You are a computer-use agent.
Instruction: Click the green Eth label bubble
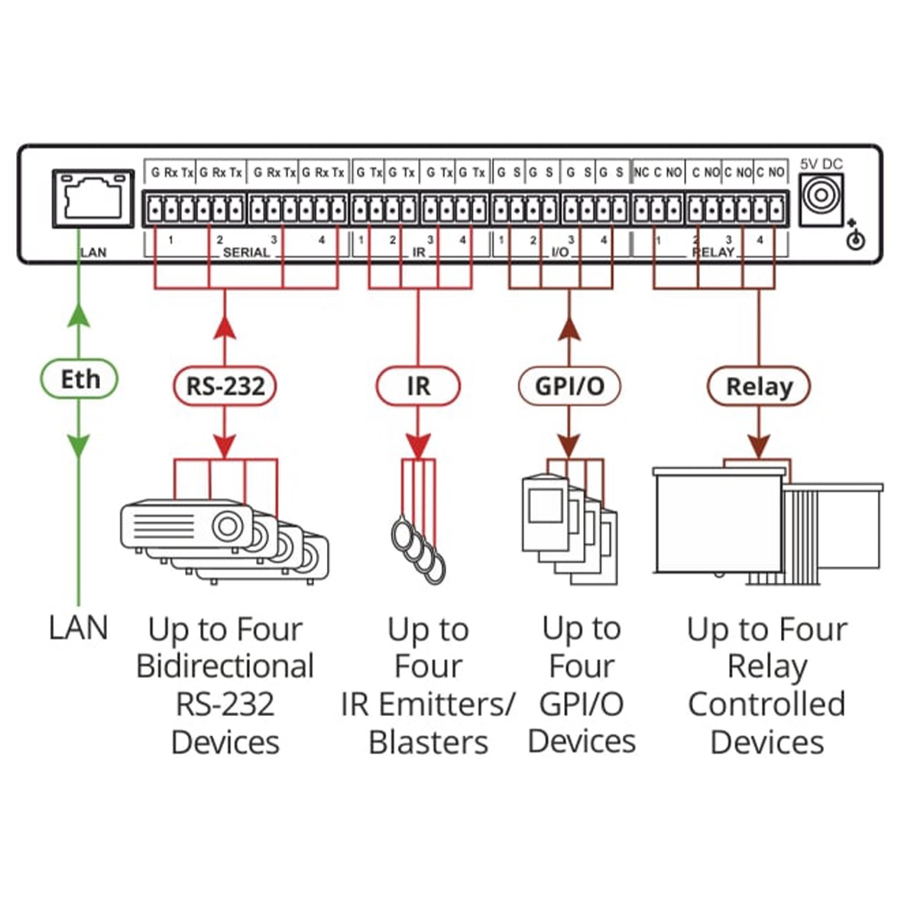(79, 379)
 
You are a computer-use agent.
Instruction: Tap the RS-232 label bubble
(225, 386)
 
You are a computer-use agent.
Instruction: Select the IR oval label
(418, 386)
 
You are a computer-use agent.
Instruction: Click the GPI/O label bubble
(569, 386)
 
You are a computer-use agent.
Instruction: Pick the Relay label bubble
(758, 387)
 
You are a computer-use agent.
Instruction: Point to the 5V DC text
(821, 164)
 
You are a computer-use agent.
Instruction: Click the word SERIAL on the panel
(246, 252)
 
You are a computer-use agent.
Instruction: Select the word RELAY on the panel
(713, 252)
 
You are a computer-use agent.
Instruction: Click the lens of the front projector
(227, 527)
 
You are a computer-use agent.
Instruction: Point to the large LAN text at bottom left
(79, 628)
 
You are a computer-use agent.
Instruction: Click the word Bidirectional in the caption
(225, 666)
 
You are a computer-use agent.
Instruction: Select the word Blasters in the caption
(428, 742)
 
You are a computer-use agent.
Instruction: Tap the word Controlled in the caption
(766, 704)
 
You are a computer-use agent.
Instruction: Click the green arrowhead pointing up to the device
(79, 313)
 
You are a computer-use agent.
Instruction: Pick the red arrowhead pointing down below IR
(418, 446)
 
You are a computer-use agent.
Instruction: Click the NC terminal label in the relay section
(641, 173)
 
